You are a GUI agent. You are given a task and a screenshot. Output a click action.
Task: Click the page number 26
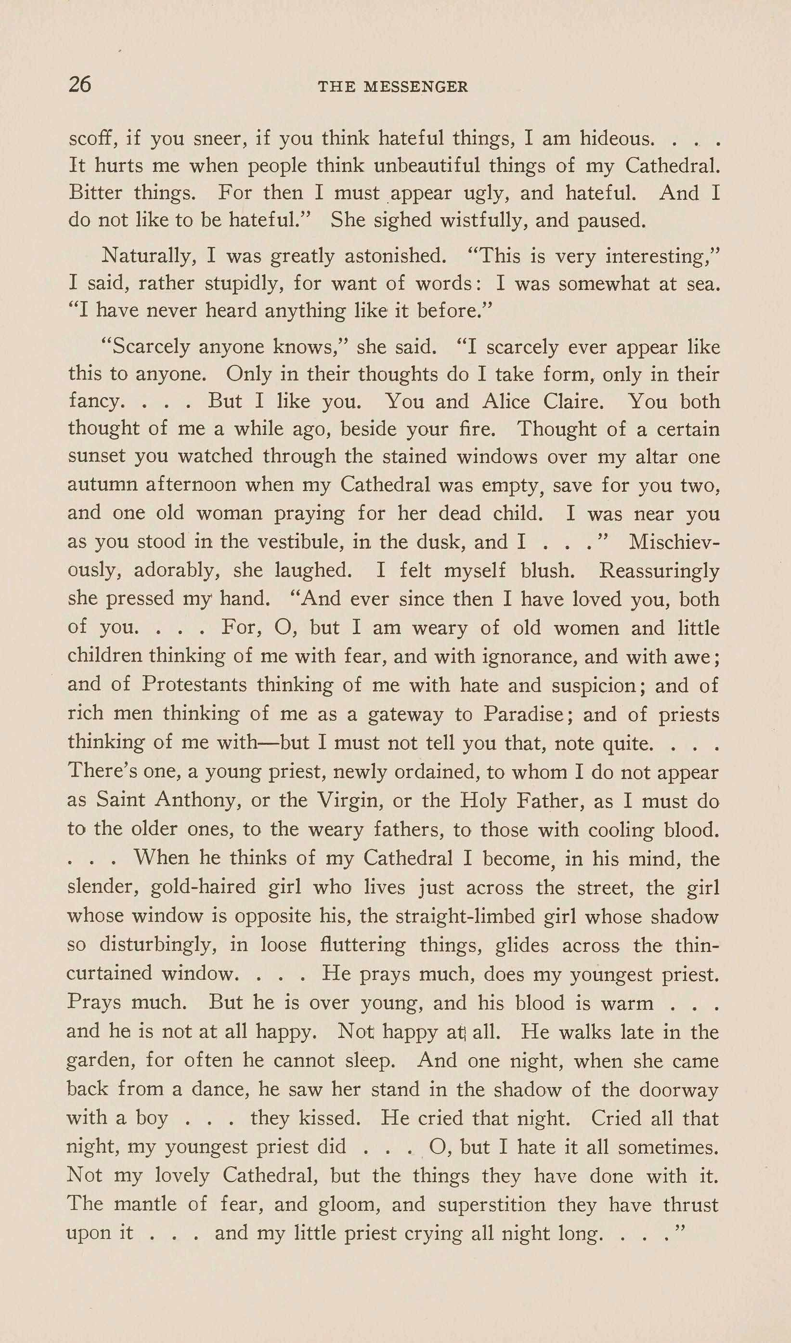tap(80, 85)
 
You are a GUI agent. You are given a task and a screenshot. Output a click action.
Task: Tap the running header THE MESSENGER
tap(393, 87)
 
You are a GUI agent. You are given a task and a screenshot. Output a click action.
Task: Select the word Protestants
tap(194, 685)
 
